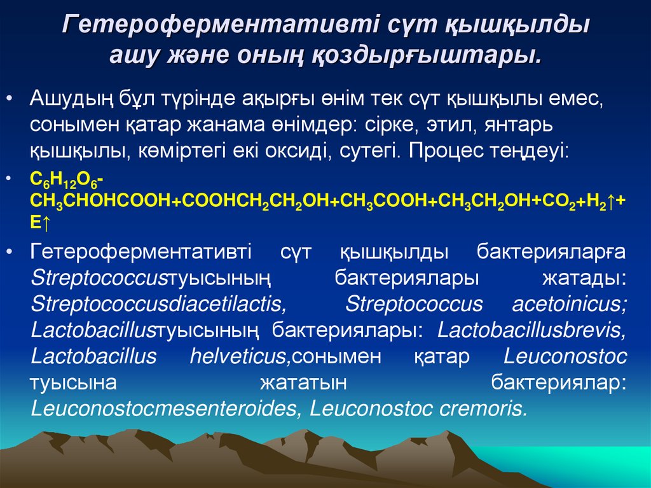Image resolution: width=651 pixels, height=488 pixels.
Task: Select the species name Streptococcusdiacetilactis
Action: (158, 305)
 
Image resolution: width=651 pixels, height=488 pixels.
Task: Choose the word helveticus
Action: (240, 357)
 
